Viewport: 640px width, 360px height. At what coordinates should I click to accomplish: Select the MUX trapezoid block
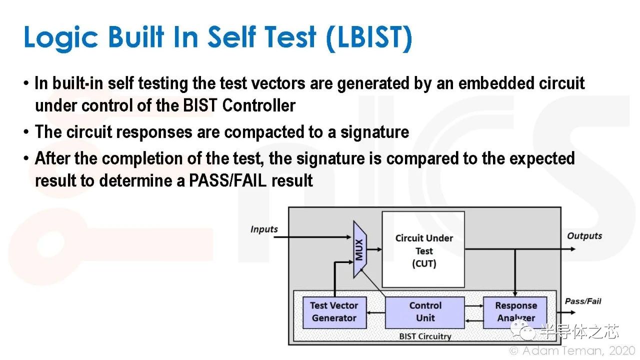coord(359,249)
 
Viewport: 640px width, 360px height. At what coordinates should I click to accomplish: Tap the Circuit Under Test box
coord(423,249)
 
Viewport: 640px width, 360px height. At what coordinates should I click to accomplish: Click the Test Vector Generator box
coord(334,312)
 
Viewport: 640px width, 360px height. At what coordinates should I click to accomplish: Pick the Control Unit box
coord(425,312)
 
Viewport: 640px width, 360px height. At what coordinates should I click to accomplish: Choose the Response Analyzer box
coord(515,312)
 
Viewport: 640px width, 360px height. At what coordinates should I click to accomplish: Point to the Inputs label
coord(264,229)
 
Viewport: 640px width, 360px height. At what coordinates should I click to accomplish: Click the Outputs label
coord(584,236)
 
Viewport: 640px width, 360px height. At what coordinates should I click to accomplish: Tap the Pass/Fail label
coord(583,301)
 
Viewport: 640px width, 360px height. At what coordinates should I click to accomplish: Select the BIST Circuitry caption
coord(425,336)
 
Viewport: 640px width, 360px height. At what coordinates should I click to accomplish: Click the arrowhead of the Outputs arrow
coord(573,249)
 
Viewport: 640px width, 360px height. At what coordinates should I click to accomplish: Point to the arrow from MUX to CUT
coord(374,249)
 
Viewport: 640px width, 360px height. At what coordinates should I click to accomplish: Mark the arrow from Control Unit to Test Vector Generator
coord(376,312)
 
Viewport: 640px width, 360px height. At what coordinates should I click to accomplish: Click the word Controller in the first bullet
coord(258,105)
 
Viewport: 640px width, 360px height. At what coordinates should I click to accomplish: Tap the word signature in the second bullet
coord(374,133)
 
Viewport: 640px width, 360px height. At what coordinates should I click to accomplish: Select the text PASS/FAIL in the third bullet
coord(227,180)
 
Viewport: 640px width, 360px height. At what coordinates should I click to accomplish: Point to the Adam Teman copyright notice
coord(571,350)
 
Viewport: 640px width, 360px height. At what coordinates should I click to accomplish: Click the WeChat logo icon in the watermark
coord(522,330)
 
